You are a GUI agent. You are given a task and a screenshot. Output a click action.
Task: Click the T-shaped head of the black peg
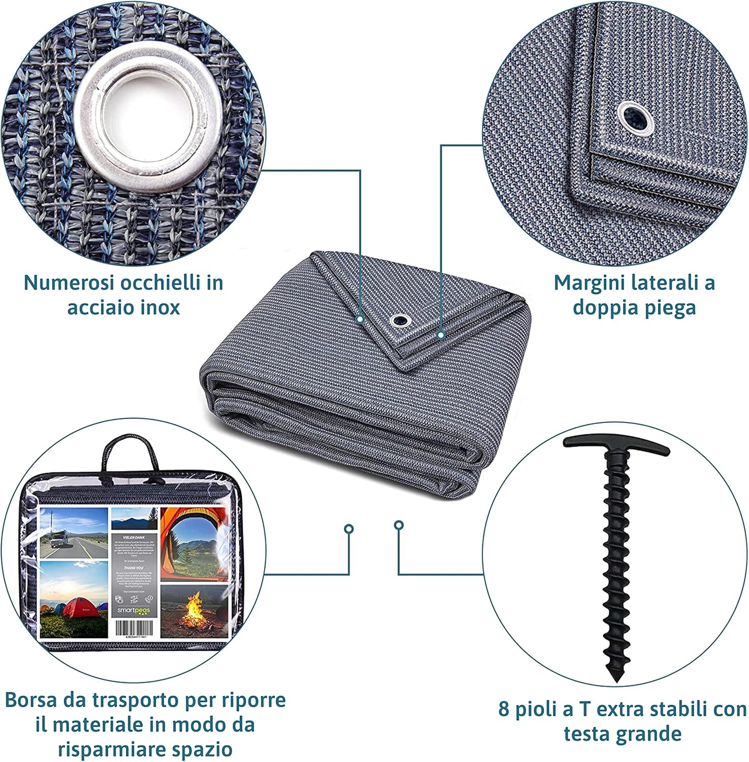pyautogui.click(x=615, y=446)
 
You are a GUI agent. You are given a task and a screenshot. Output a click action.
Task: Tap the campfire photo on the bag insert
pyautogui.click(x=194, y=612)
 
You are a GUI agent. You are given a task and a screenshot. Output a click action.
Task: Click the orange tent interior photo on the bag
pyautogui.click(x=193, y=544)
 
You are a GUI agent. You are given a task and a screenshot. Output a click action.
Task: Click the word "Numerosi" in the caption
pyautogui.click(x=71, y=283)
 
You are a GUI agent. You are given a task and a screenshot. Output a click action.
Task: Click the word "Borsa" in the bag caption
pyautogui.click(x=32, y=700)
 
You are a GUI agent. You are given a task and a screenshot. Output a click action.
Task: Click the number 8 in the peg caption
pyautogui.click(x=504, y=709)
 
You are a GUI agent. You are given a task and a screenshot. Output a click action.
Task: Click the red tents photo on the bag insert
pyautogui.click(x=74, y=599)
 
